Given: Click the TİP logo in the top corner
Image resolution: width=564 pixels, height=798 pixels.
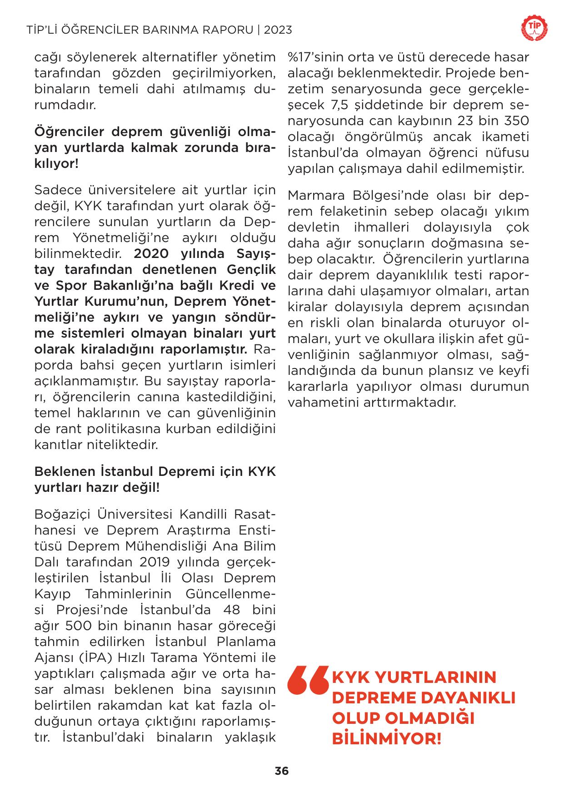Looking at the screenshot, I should click(x=534, y=30).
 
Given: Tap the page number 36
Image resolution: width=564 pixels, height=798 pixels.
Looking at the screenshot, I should click(x=282, y=771).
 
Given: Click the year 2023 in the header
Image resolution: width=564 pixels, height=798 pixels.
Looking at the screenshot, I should click(x=278, y=30).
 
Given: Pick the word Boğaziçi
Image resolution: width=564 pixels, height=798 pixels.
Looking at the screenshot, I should click(x=60, y=514).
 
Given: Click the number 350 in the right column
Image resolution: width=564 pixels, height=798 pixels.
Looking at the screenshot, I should click(x=517, y=121).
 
